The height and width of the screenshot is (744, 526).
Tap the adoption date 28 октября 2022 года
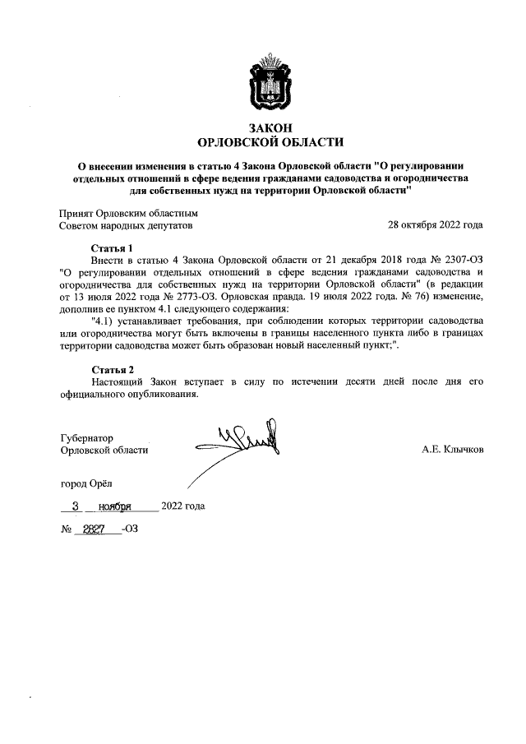[x=435, y=224]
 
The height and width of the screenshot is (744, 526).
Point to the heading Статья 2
[x=112, y=368]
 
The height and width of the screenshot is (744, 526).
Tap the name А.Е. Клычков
[x=452, y=451]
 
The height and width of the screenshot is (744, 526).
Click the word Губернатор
[x=86, y=437]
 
